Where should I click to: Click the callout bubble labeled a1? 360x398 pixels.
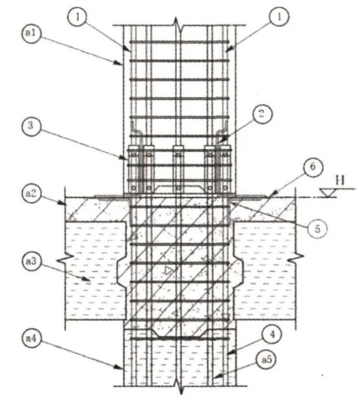[x=32, y=34]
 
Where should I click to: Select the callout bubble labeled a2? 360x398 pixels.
[x=32, y=193]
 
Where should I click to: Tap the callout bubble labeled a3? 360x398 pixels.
[x=32, y=262]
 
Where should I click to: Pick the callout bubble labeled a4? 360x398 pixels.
[x=32, y=338]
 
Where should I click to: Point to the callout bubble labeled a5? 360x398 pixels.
[x=266, y=359]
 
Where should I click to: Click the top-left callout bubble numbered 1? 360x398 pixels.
[x=77, y=17]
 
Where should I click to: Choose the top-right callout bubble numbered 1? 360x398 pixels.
[x=279, y=17]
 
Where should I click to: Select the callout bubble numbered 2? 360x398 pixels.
[x=262, y=114]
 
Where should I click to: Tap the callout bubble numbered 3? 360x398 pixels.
[x=31, y=125]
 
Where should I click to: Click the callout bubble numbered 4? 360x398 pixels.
[x=273, y=335]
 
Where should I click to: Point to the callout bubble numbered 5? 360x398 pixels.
[x=317, y=229]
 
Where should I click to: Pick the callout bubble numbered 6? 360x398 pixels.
[x=313, y=167]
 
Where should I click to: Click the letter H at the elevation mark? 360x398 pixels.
[x=340, y=180]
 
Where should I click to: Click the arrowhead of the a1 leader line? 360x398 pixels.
[x=119, y=63]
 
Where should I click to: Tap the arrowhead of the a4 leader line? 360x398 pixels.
[x=119, y=367]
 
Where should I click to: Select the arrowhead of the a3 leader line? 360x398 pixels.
[x=87, y=280]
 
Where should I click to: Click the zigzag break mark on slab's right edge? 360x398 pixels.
[x=295, y=258]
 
